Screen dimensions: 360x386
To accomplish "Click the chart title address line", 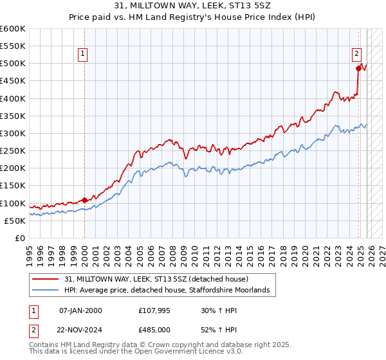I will [192, 6].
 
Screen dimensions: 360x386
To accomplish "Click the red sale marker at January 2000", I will [84, 200].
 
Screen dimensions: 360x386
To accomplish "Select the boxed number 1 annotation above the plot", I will [84, 55].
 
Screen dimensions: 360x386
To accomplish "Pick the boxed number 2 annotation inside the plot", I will [356, 55].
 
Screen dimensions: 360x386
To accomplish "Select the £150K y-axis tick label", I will [13, 186].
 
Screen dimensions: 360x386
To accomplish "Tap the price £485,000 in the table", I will [154, 328].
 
